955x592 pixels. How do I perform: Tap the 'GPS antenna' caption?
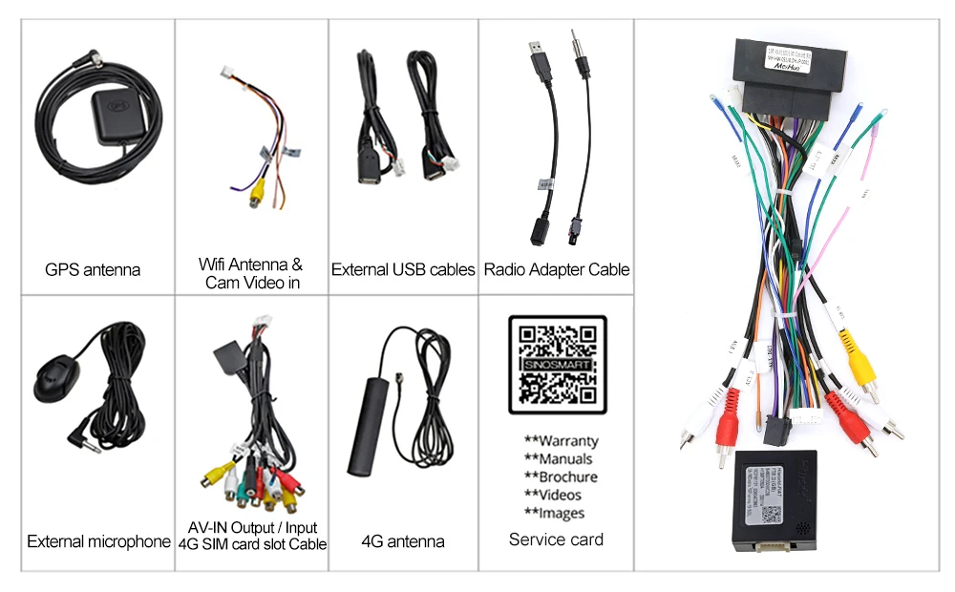click(x=93, y=270)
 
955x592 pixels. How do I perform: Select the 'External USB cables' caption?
click(x=403, y=270)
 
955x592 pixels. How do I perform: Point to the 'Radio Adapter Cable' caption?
click(x=557, y=270)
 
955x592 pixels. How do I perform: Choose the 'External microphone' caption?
click(x=98, y=542)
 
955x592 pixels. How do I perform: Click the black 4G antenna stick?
click(x=364, y=435)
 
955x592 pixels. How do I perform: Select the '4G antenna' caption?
click(x=403, y=541)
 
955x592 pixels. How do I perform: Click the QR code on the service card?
click(x=557, y=365)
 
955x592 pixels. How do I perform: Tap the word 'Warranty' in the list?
click(x=568, y=441)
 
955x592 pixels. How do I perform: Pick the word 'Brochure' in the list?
click(x=568, y=477)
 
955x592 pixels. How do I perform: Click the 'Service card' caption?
click(x=556, y=539)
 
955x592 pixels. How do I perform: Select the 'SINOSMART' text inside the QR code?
click(x=557, y=365)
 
